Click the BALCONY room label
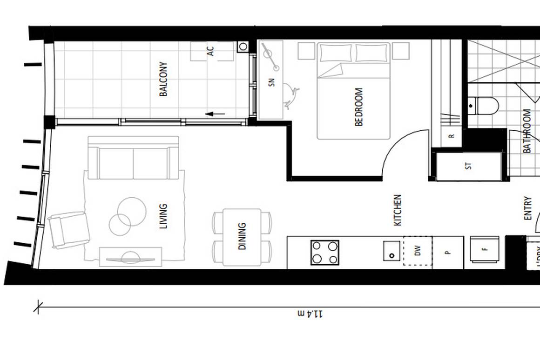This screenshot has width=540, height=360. coord(163,79)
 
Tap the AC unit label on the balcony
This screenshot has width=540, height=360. coord(211,51)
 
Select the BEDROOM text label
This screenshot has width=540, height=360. coord(358,107)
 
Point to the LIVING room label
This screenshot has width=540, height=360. coord(163,216)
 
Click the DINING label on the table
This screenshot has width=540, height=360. coord(242,236)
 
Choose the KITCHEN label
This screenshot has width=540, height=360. coord(398,210)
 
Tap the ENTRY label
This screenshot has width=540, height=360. coord(527,208)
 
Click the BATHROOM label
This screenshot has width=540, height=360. coord(527,131)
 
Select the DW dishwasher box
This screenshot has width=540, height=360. coord(418,251)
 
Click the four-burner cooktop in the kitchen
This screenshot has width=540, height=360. coord(325,253)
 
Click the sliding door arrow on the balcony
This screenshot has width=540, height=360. coord(215,113)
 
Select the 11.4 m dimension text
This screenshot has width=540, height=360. coord(310,314)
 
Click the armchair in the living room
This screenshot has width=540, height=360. coord(69,230)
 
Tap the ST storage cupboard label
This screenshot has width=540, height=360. coord(469,166)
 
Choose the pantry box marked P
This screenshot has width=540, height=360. coord(448,253)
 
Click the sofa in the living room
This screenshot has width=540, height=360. coord(134,158)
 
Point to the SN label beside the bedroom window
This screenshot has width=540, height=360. coord(272,82)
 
